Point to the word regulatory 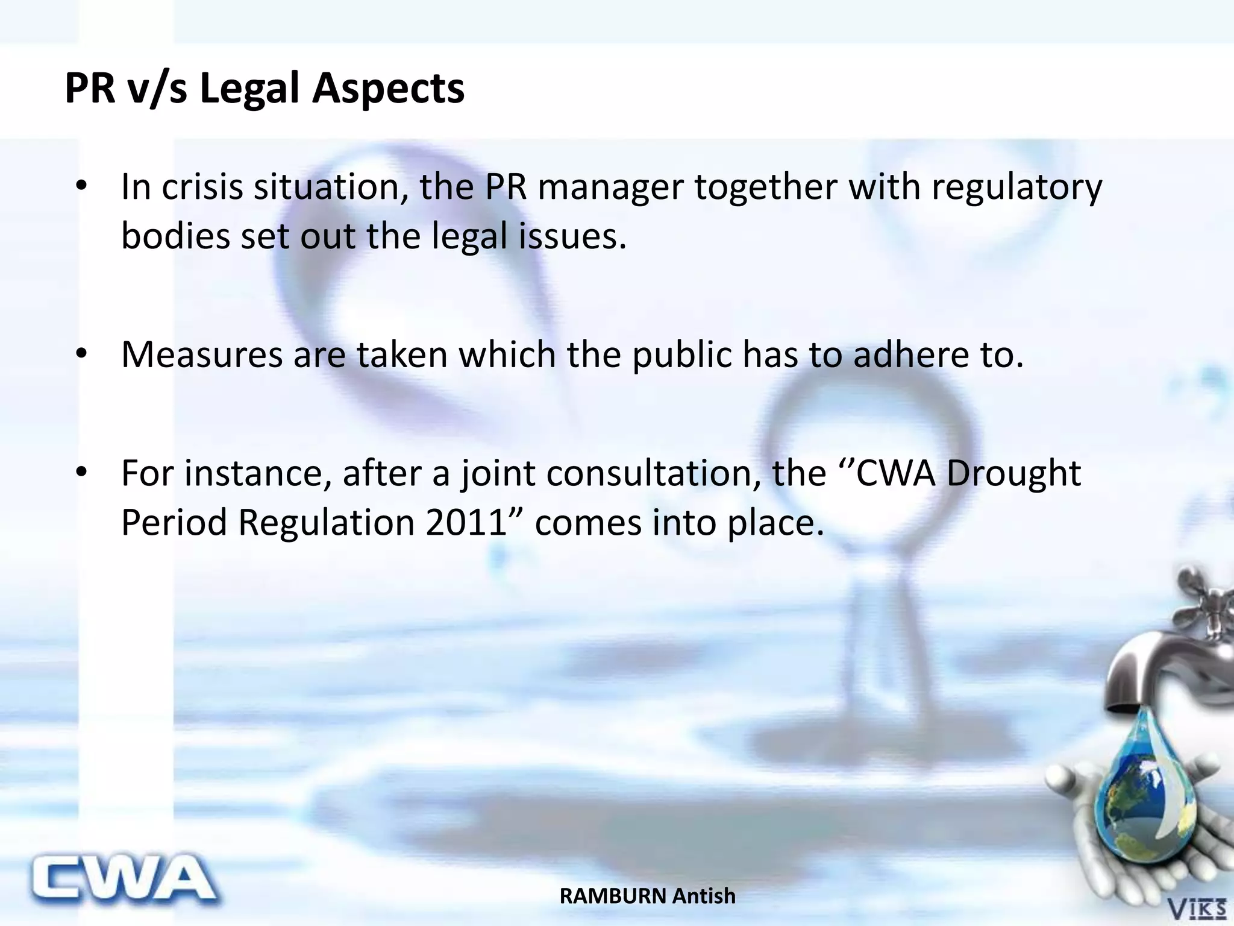coord(1016,188)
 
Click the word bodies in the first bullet coord(175,235)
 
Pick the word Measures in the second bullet coord(202,354)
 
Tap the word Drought coord(1013,473)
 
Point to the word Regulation coord(326,522)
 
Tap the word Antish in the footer coord(704,896)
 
